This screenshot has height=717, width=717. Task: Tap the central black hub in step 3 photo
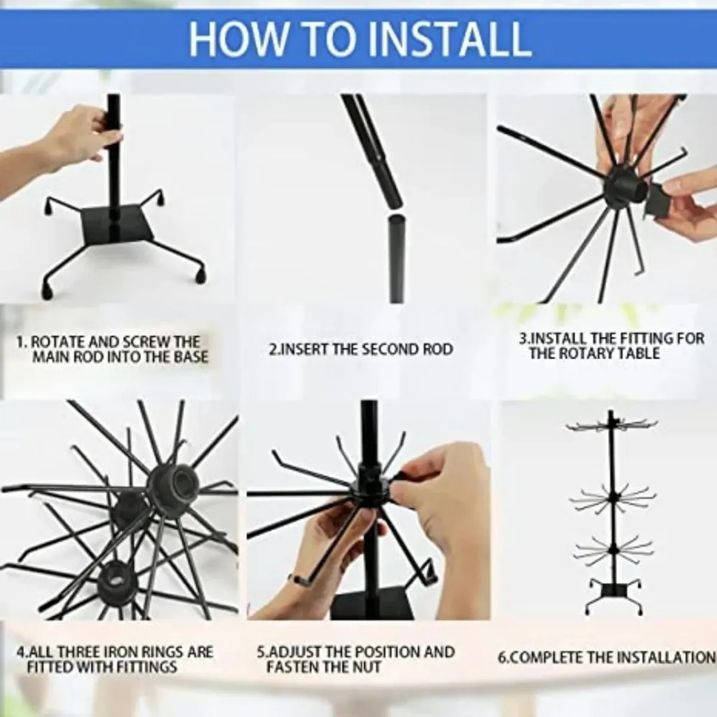(622, 187)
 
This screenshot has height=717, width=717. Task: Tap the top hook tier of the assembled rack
(612, 425)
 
